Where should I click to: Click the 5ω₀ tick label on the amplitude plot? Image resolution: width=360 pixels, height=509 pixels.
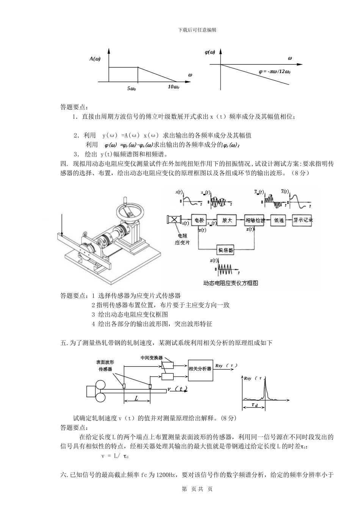tap(131, 89)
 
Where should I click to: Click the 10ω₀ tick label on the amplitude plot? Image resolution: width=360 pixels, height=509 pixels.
tap(173, 87)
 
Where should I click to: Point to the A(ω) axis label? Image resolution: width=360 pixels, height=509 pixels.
tap(95, 59)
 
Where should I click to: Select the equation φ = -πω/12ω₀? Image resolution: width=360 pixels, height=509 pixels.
tap(274, 71)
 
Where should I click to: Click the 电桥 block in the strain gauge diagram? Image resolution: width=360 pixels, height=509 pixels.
tap(200, 220)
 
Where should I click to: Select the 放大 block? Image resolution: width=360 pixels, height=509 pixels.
tap(227, 220)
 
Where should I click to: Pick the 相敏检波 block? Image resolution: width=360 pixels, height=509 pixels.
tap(254, 220)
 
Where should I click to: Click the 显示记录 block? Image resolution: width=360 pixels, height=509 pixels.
tap(303, 220)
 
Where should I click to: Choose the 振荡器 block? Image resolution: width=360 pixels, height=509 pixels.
tap(225, 250)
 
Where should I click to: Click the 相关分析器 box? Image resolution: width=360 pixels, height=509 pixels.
tap(200, 368)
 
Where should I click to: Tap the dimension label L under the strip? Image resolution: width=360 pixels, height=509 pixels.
tap(136, 398)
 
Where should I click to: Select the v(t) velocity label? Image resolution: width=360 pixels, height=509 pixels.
tap(177, 389)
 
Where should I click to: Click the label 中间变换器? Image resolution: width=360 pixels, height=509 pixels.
tap(151, 358)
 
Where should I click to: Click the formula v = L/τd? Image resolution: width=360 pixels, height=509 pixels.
tap(115, 456)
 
